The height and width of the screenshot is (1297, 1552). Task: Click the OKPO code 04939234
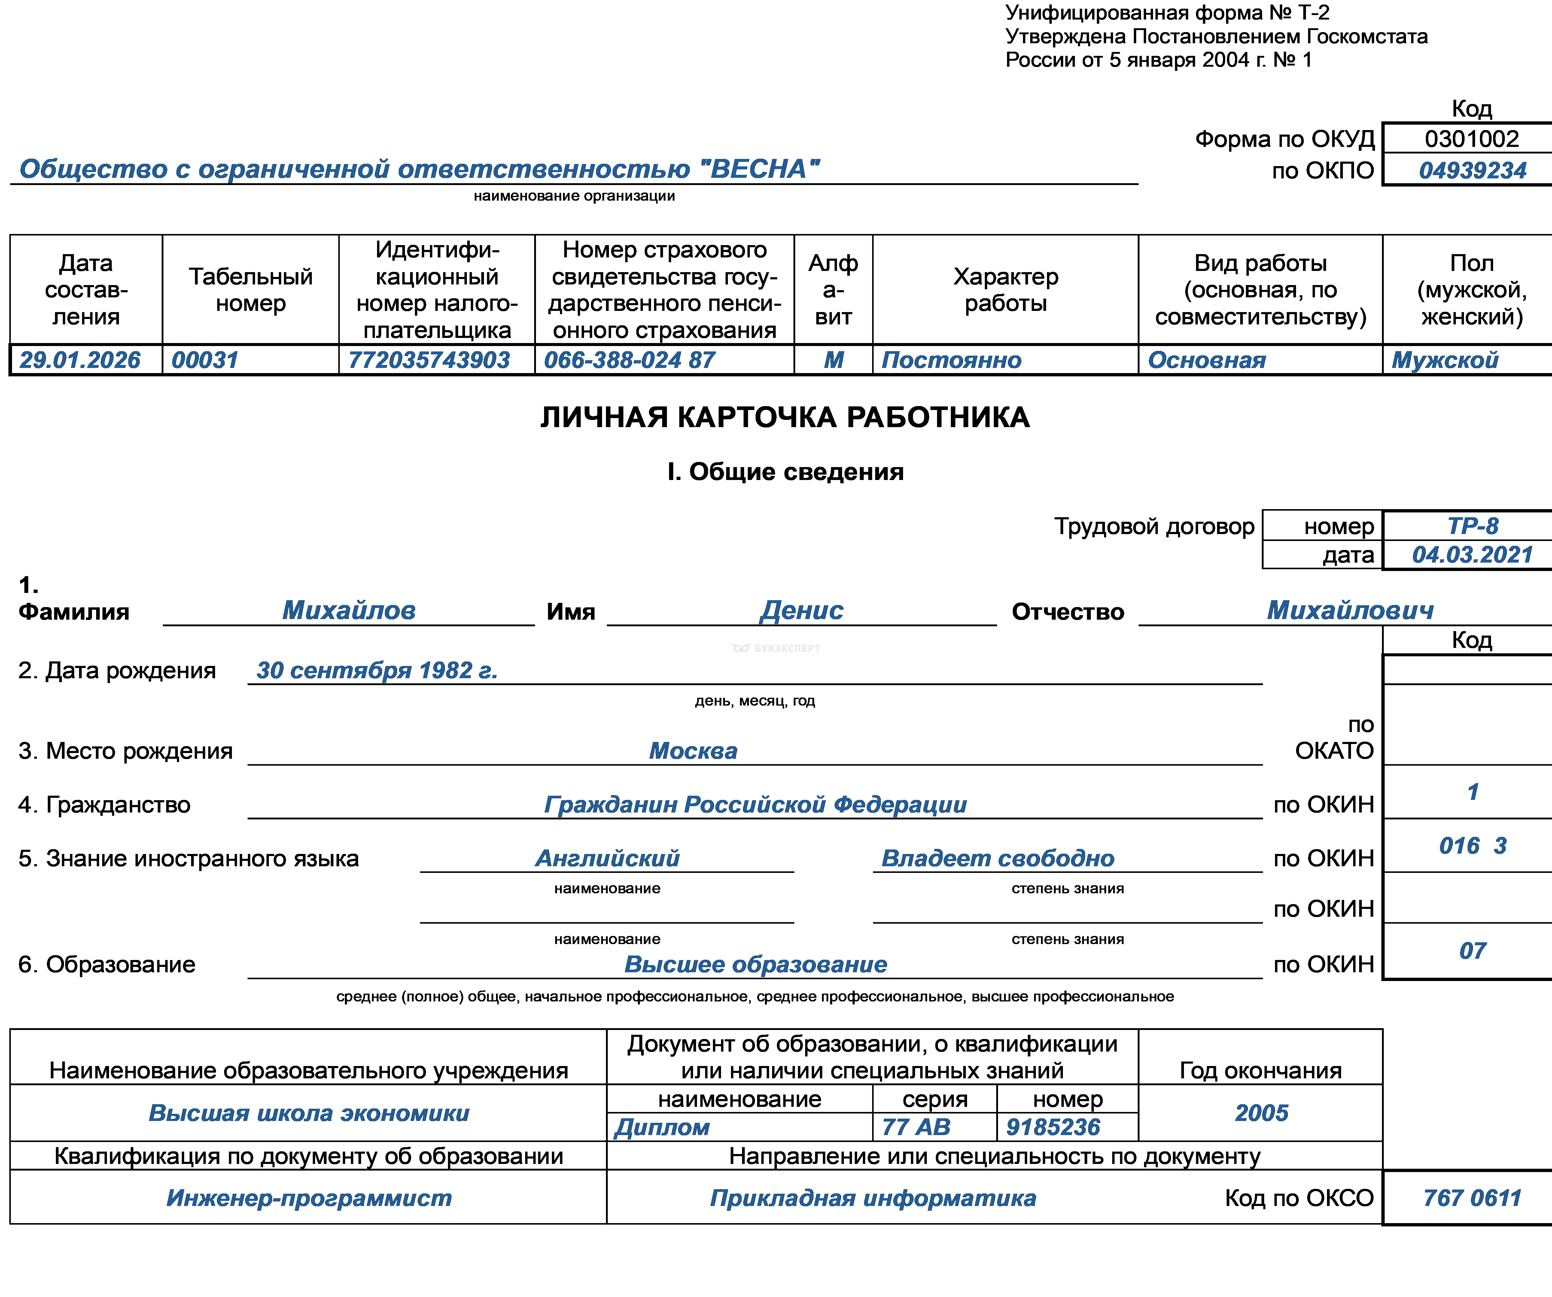point(1472,171)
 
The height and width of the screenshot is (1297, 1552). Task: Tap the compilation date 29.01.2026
point(80,360)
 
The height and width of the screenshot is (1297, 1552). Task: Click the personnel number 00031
point(205,360)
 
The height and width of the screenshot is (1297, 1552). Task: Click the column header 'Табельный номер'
point(251,290)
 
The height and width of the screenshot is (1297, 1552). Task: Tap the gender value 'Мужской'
point(1445,360)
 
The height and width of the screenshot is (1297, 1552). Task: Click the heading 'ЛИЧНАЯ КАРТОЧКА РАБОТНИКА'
point(785,418)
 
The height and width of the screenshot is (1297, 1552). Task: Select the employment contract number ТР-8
point(1472,526)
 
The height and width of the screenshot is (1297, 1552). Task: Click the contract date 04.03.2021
point(1472,555)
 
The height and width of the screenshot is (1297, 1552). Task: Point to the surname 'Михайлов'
point(349,610)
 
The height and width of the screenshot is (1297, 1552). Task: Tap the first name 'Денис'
point(802,610)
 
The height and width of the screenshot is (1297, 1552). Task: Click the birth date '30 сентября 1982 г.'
point(377,670)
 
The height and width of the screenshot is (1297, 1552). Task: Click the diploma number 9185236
point(1053,1127)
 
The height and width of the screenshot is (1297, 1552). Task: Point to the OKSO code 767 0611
point(1472,1198)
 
